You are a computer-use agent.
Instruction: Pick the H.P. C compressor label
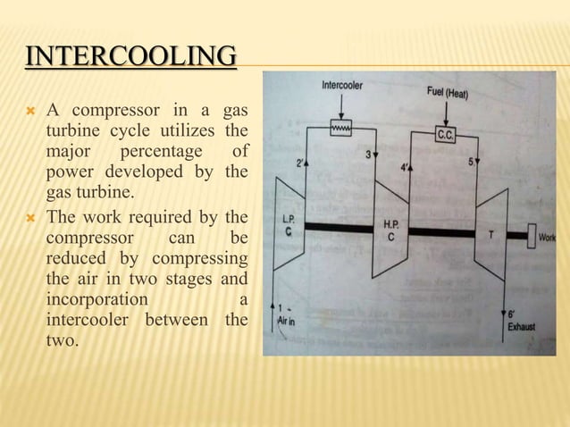390,230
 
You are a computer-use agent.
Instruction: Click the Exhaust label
522,327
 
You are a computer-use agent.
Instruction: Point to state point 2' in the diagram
301,163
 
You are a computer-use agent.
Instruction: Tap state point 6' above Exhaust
512,314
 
